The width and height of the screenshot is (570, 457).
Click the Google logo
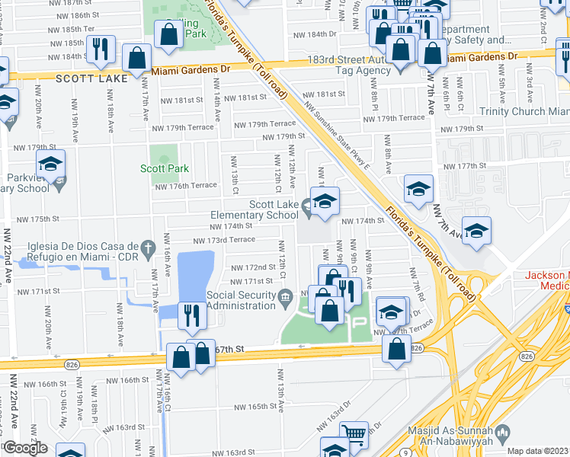24,448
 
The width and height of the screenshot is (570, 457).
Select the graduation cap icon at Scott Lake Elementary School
325,202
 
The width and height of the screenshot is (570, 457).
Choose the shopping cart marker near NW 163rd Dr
353,434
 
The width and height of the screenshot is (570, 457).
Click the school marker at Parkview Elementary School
51,165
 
